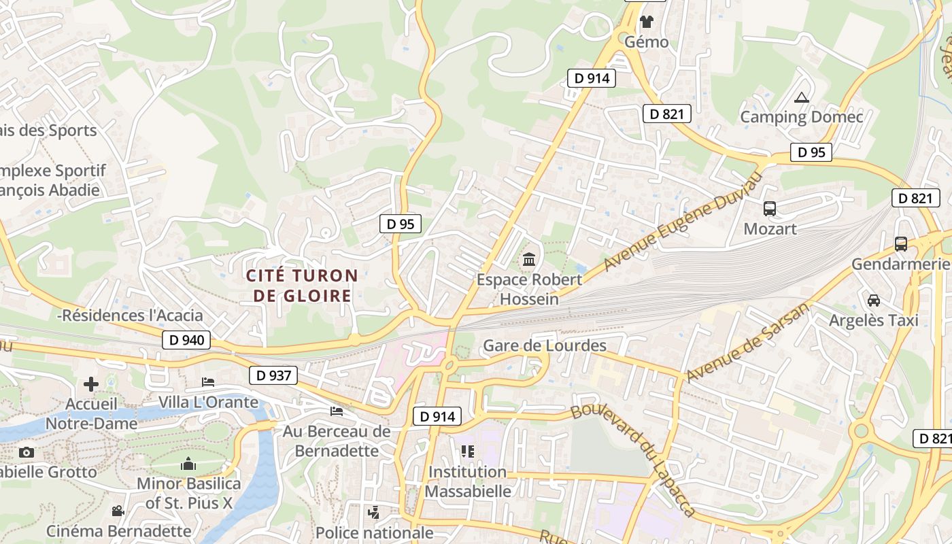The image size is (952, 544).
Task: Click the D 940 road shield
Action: click(186, 340)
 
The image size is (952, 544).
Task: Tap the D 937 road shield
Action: click(274, 375)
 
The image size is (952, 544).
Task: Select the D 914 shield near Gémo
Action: click(592, 78)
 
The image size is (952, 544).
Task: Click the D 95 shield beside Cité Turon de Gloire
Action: click(400, 224)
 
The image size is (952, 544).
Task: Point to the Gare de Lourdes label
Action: click(544, 346)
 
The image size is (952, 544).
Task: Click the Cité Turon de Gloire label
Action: click(302, 286)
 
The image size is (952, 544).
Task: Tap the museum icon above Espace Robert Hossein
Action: click(529, 259)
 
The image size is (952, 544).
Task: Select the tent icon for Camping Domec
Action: click(802, 98)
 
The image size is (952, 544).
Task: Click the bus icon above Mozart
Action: click(770, 209)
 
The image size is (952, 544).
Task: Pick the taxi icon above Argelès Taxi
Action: click(874, 300)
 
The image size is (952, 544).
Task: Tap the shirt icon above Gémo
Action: click(646, 22)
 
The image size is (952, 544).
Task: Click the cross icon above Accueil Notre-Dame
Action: click(91, 385)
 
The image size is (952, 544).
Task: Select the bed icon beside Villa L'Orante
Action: click(208, 382)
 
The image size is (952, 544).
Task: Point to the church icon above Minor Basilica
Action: click(188, 464)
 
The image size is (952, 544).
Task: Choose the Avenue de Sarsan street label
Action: click(748, 342)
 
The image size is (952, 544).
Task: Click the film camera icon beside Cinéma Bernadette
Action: click(118, 511)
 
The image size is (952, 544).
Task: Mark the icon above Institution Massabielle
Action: click(467, 451)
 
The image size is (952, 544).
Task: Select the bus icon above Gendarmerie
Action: click(901, 243)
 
